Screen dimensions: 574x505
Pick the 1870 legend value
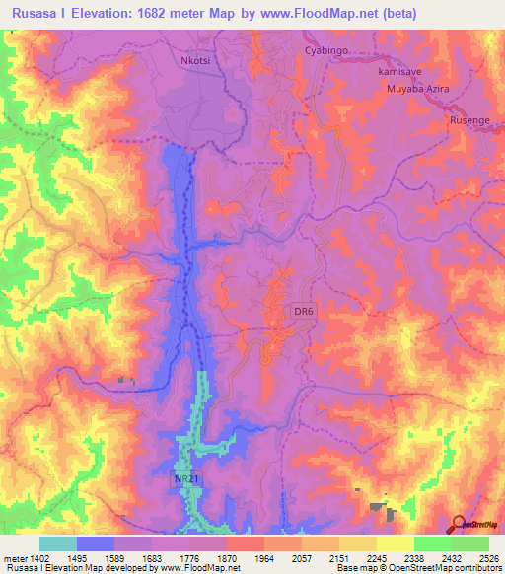coord(226,558)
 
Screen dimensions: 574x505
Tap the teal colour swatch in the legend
coord(57,543)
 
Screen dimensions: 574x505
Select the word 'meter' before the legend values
coord(18,558)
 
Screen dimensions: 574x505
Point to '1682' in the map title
coord(148,13)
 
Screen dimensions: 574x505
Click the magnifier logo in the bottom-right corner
coord(458,523)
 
